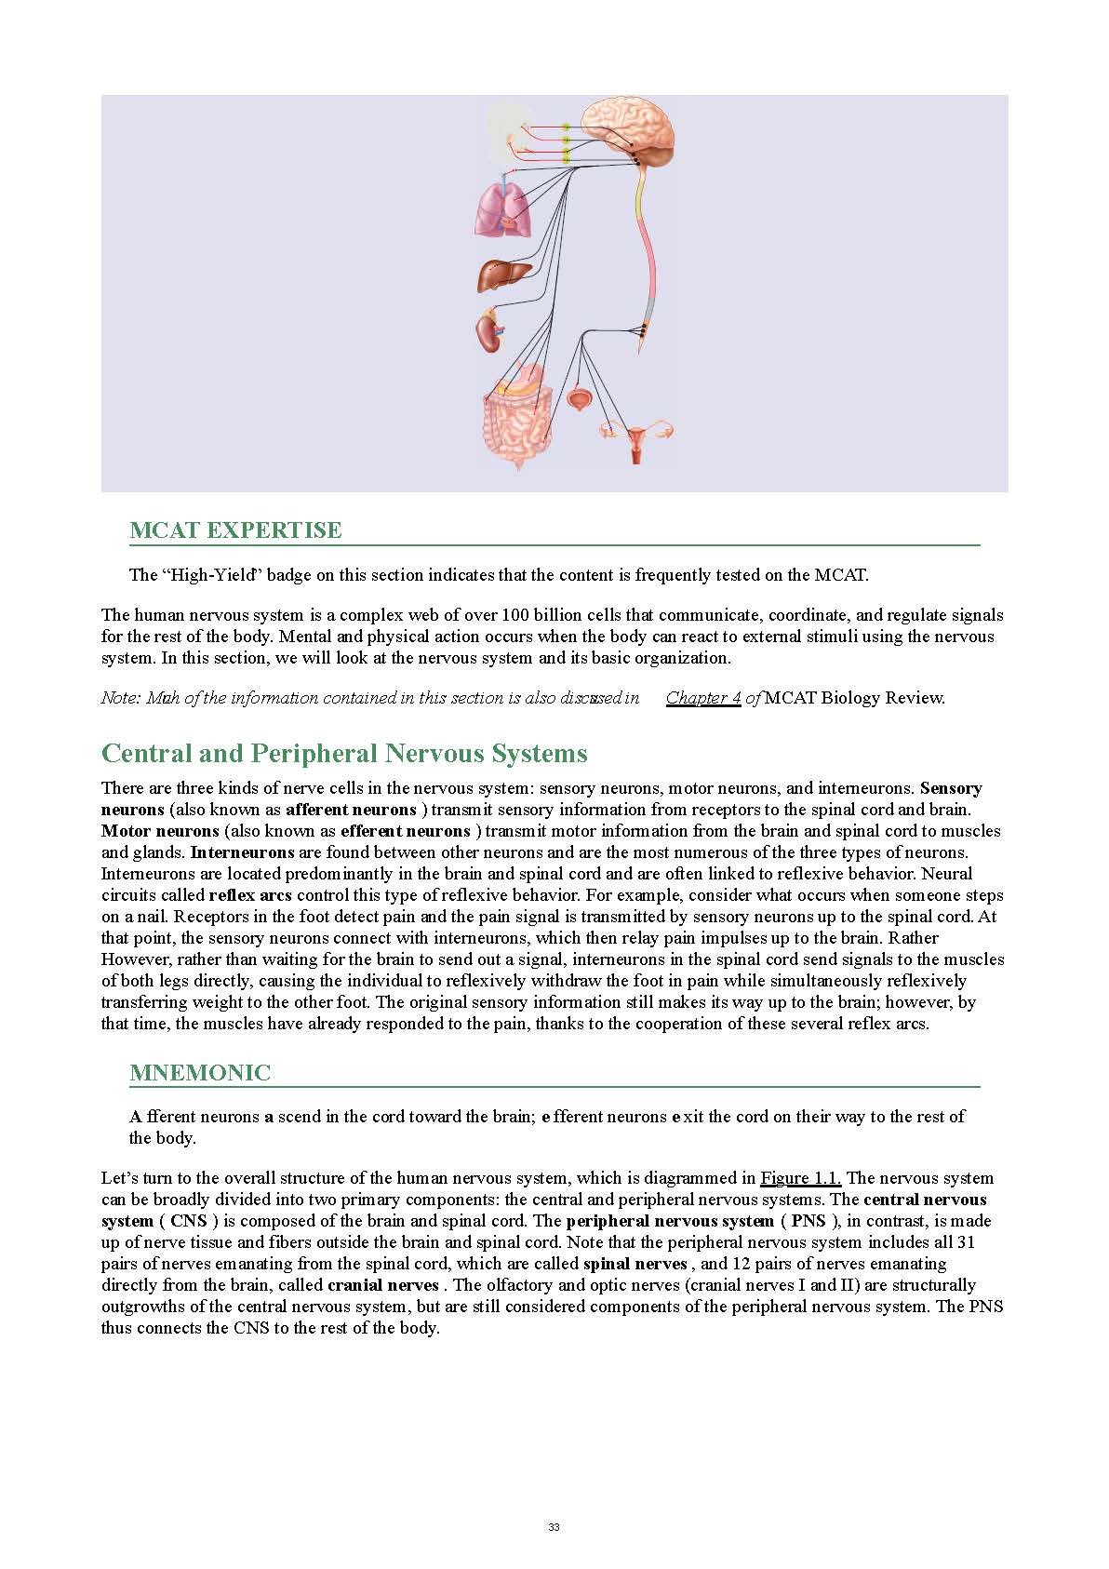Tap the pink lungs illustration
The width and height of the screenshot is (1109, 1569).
pos(503,210)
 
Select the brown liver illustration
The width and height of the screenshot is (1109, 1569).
pos(503,275)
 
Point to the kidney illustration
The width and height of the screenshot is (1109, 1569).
pos(489,331)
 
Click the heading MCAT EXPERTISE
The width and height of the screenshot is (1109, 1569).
pos(235,530)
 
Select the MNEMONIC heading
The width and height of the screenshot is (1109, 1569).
pos(200,1073)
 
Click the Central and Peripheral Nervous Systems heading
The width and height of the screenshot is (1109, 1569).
pos(344,753)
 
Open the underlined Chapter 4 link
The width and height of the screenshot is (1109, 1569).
pos(703,698)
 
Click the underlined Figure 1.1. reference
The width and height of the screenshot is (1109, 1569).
pos(800,1178)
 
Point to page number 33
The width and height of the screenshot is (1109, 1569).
pos(554,1527)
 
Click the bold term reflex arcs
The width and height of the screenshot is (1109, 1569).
pos(250,895)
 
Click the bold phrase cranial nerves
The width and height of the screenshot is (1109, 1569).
pos(382,1285)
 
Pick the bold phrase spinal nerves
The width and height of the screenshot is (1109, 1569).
pos(635,1264)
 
